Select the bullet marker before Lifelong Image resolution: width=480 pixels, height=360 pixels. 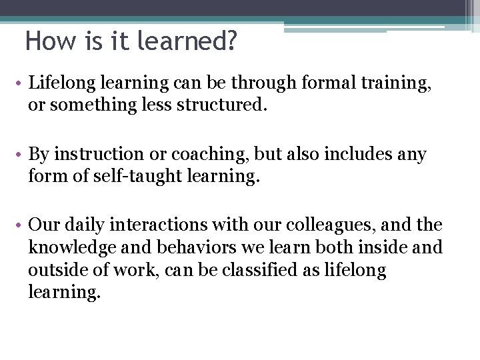[x=21, y=83]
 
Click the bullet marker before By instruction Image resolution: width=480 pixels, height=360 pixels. [x=21, y=155]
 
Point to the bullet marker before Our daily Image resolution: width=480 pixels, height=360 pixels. [x=21, y=226]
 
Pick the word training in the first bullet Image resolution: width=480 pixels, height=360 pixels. [x=394, y=84]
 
